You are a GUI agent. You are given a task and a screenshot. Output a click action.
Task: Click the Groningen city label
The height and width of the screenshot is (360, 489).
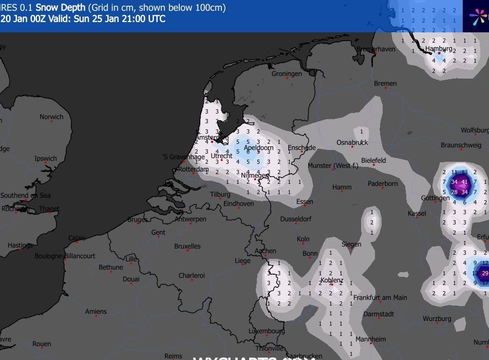pyautogui.click(x=287, y=74)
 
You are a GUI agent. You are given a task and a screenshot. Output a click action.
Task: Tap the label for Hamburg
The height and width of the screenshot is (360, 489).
pyautogui.click(x=439, y=49)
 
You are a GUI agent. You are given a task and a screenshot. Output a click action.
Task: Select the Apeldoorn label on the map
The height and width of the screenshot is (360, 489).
pyautogui.click(x=258, y=148)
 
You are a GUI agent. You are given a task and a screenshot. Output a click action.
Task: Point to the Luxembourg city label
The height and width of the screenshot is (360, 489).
pyautogui.click(x=267, y=331)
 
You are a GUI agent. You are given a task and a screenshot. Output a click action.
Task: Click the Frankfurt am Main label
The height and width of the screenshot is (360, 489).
pyautogui.click(x=380, y=297)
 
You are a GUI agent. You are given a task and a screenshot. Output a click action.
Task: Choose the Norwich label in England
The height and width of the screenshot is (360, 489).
pyautogui.click(x=51, y=117)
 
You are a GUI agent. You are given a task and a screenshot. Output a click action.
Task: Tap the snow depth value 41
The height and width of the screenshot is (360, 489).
pyautogui.click(x=464, y=182)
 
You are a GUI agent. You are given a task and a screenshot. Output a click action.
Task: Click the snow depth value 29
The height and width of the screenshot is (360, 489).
pyautogui.click(x=485, y=273)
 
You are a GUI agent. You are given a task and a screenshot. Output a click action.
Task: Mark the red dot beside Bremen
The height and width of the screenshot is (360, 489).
pyautogui.click(x=386, y=88)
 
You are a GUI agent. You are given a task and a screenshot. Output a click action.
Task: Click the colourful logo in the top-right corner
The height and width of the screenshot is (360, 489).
pyautogui.click(x=478, y=16)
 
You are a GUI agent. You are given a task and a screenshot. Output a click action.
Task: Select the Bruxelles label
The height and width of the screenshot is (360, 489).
pyautogui.click(x=187, y=247)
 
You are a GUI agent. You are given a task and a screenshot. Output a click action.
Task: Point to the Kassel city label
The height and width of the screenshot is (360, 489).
pyautogui.click(x=417, y=213)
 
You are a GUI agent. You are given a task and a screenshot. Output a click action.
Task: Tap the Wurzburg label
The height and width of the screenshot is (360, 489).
pyautogui.click(x=437, y=319)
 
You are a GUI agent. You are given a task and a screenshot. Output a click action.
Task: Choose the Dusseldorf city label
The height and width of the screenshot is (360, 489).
pyautogui.click(x=296, y=219)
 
